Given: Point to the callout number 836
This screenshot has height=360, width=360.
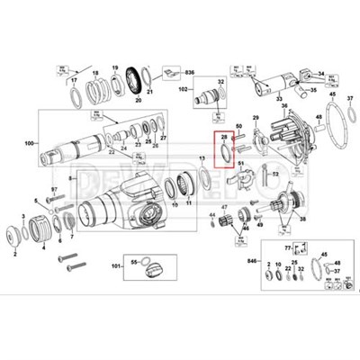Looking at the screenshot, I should click(190, 70).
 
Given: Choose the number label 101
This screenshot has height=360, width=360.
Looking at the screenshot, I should click(116, 266).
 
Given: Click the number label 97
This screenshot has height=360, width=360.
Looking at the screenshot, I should click(53, 189).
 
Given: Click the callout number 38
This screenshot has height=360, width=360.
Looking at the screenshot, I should click(301, 219).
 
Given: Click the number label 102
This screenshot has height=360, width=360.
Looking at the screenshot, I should click(183, 90).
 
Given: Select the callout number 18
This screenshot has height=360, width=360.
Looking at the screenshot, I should click(95, 69).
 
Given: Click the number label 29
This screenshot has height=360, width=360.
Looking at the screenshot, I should click(255, 118).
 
